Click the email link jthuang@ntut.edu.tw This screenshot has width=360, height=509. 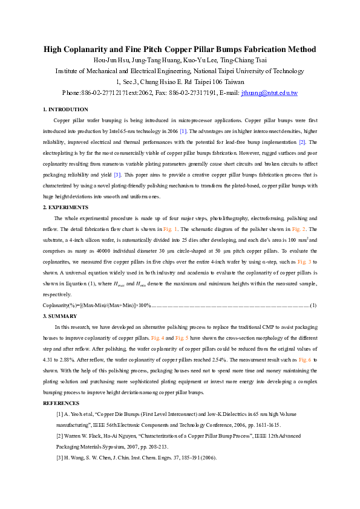tap(269, 93)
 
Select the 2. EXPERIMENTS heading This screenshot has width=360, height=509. tap(65, 207)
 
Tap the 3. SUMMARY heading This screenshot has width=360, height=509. tap(61, 316)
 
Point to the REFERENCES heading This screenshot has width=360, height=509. tap(61, 403)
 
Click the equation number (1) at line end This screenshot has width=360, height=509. tap(313, 305)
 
